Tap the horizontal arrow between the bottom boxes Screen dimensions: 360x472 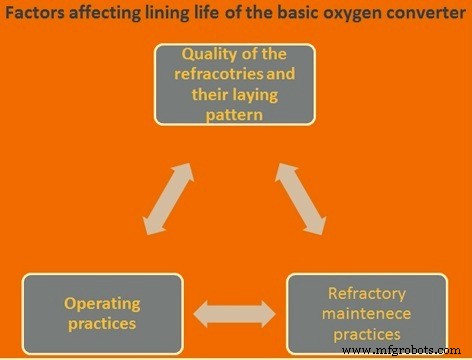(x=234, y=316)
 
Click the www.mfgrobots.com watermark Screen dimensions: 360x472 (x=410, y=351)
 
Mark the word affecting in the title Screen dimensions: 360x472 (x=98, y=15)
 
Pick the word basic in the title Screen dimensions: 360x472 (x=297, y=15)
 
